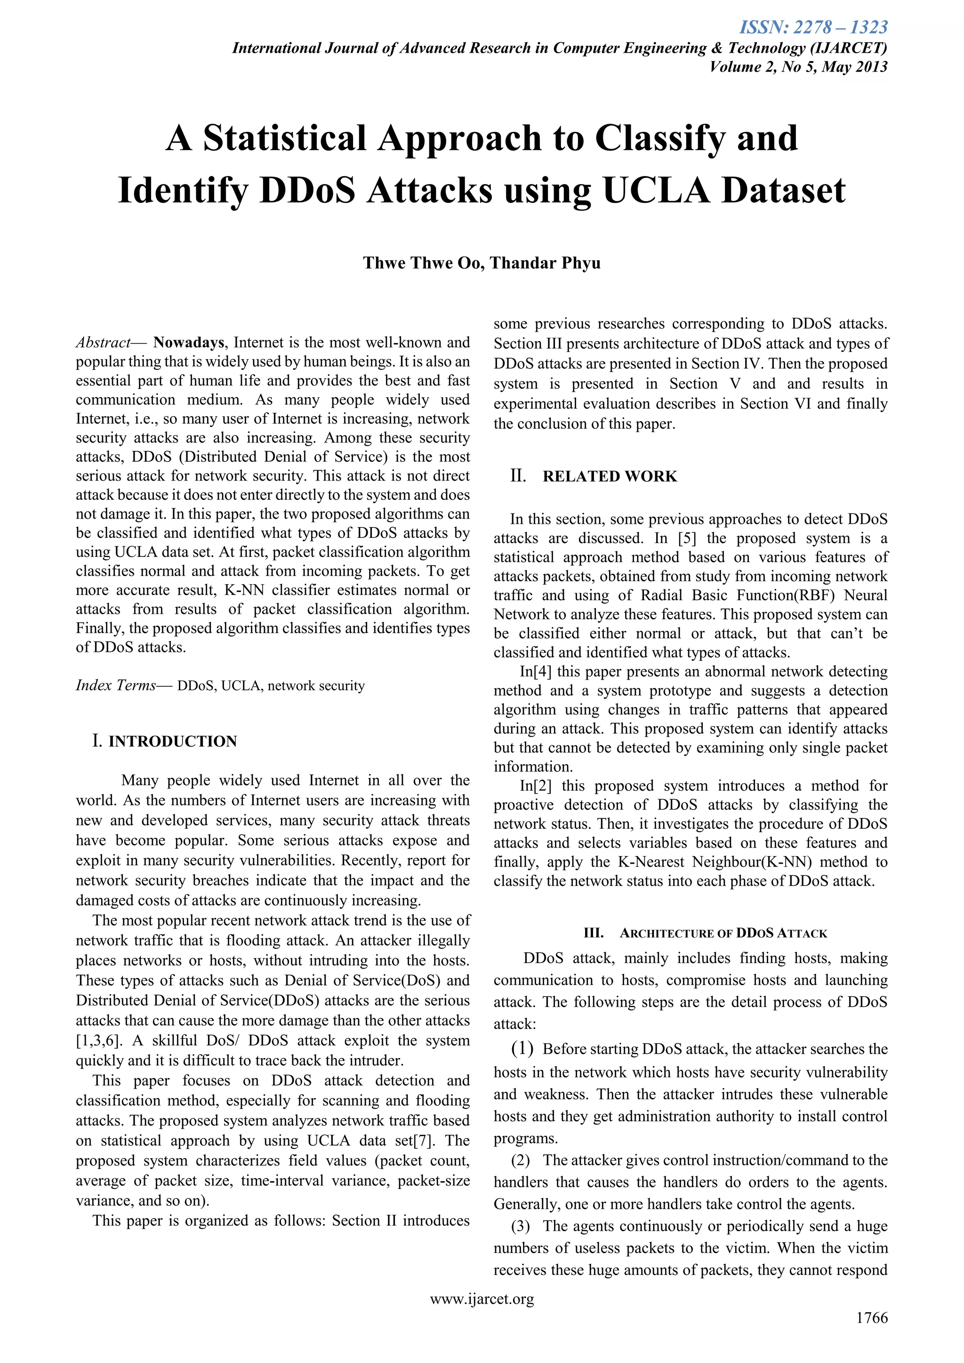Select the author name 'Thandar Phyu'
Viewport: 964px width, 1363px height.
pyautogui.click(x=546, y=263)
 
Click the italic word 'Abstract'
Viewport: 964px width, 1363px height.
pyautogui.click(x=103, y=343)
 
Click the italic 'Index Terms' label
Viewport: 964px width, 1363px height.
pyautogui.click(x=116, y=686)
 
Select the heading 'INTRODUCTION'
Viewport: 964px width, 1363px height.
pyautogui.click(x=173, y=741)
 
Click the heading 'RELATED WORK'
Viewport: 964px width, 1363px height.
pyautogui.click(x=610, y=477)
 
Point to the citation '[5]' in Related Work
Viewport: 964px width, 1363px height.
pyautogui.click(x=687, y=538)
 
